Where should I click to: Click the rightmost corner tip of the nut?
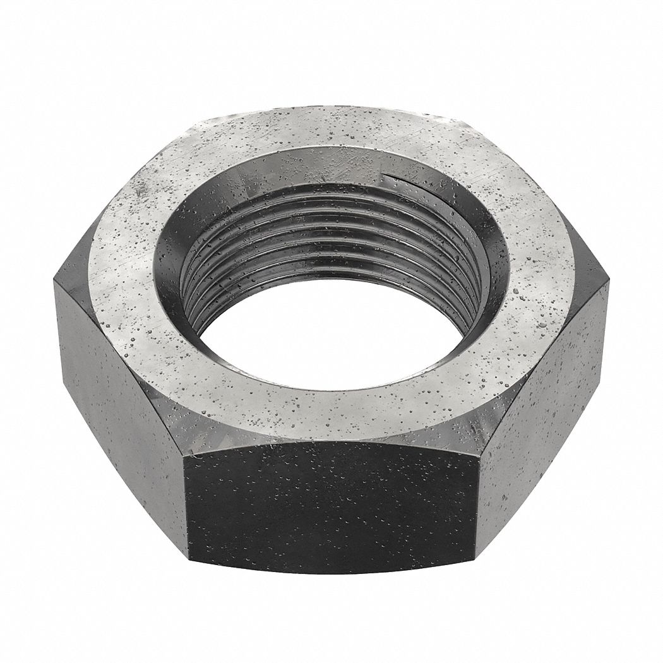pyautogui.click(x=607, y=281)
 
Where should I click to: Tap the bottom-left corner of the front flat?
pyautogui.click(x=188, y=556)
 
